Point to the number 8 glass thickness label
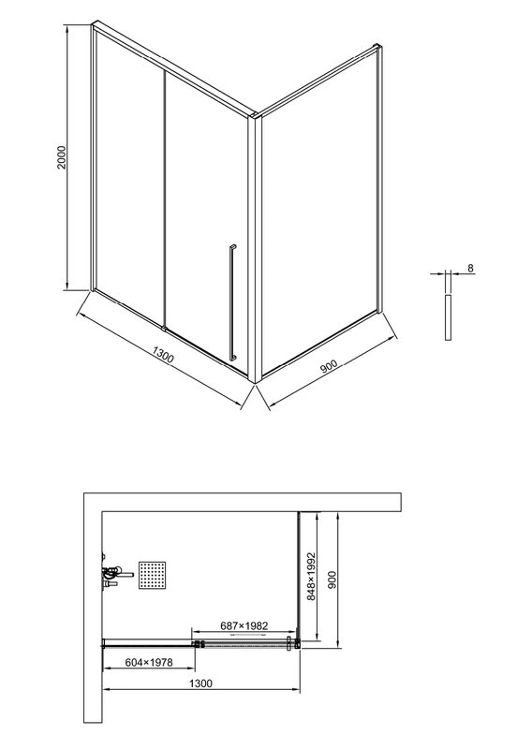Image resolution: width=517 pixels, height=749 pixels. click(469, 269)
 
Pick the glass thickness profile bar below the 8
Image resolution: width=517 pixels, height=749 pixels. click(448, 318)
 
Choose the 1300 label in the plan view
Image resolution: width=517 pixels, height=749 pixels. click(199, 684)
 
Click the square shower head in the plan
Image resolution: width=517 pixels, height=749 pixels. click(153, 575)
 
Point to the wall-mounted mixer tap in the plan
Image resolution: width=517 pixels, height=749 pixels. click(111, 573)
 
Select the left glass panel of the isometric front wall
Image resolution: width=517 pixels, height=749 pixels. click(129, 178)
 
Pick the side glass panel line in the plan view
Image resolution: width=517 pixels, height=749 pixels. click(299, 576)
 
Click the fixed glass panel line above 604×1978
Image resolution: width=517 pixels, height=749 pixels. click(148, 643)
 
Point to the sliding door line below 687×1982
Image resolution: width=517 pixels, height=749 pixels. click(245, 645)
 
